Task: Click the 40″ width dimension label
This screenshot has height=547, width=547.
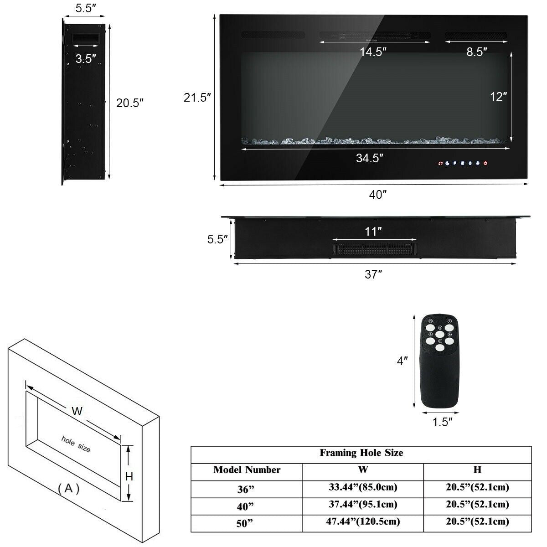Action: pos(378,195)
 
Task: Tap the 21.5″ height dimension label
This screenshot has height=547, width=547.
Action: pos(197,98)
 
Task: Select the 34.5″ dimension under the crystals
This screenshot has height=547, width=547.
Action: pos(369,158)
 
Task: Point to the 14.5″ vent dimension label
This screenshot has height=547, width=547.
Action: pos(373,52)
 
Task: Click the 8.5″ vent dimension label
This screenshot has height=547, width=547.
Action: pos(477,52)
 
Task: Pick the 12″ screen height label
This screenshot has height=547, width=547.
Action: pos(498,97)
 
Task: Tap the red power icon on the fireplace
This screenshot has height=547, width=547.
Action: pos(486,163)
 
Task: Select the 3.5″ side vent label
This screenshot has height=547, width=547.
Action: pos(86,58)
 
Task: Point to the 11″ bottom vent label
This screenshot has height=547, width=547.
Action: pos(373,232)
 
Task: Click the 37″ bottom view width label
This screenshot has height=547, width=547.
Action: pos(373,274)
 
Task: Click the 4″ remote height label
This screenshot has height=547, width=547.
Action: pos(402,361)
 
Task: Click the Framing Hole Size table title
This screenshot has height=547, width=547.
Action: pos(361,453)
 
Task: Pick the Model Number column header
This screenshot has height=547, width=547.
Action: pos(247,470)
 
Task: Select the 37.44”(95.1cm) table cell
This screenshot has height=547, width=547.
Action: pos(363,504)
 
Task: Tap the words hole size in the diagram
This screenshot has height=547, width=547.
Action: pos(76,444)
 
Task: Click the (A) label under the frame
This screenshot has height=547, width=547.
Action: pos(69,489)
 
